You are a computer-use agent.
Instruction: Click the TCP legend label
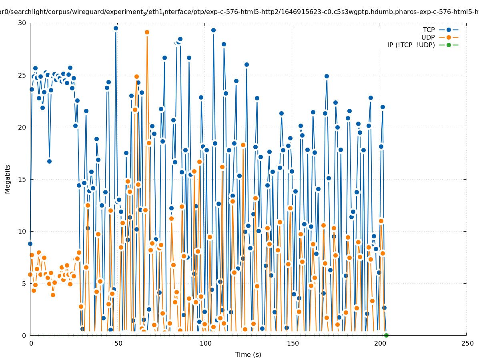(x=429, y=30)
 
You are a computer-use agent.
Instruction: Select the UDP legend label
(x=428, y=37)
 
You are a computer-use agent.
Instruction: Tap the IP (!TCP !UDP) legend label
(x=411, y=45)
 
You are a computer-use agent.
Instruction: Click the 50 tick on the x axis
(x=118, y=343)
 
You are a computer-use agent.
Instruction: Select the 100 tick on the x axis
(x=205, y=343)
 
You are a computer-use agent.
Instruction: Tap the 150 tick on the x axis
(x=293, y=343)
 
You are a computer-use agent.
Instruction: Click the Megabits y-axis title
(x=8, y=179)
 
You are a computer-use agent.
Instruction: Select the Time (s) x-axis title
(x=248, y=354)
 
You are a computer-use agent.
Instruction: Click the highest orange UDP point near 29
(x=147, y=32)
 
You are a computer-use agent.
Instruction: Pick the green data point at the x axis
(x=386, y=335)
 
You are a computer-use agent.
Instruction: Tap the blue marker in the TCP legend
(x=449, y=30)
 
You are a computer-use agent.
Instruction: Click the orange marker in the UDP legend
(x=449, y=37)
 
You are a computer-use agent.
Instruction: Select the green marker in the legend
(x=449, y=45)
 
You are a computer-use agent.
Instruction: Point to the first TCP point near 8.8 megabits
(x=30, y=244)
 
